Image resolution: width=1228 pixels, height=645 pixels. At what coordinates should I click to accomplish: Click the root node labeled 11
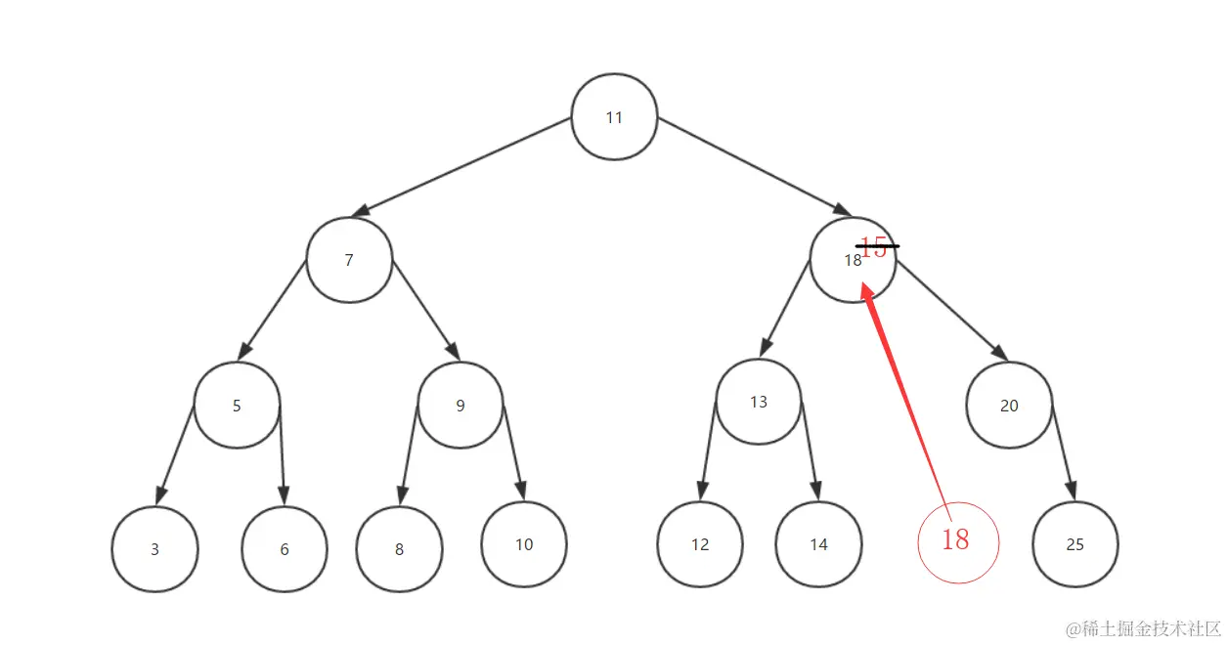pyautogui.click(x=614, y=117)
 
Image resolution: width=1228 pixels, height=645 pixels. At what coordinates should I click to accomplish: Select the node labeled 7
pyautogui.click(x=349, y=260)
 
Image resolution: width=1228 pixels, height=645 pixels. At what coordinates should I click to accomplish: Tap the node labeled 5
pyautogui.click(x=237, y=406)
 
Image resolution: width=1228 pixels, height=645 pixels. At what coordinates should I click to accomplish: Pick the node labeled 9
pyautogui.click(x=460, y=406)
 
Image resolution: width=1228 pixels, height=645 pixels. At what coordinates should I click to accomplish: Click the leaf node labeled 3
pyautogui.click(x=154, y=549)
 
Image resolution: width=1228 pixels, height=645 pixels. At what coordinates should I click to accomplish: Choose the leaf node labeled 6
pyautogui.click(x=285, y=549)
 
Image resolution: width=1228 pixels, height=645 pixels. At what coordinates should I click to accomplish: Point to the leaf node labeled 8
pyautogui.click(x=399, y=549)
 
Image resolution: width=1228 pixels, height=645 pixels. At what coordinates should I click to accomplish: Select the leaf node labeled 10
pyautogui.click(x=524, y=544)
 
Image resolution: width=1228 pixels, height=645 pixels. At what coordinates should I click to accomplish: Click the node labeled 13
pyautogui.click(x=759, y=402)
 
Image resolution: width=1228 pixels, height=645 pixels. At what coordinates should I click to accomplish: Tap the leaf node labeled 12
pyautogui.click(x=700, y=544)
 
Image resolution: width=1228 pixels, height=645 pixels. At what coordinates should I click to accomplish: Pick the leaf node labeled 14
pyautogui.click(x=818, y=544)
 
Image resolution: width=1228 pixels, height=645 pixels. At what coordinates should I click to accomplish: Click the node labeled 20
pyautogui.click(x=1009, y=406)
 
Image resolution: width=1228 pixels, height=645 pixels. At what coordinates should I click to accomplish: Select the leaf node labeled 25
pyautogui.click(x=1074, y=544)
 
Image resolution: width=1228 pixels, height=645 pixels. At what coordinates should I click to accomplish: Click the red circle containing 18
pyautogui.click(x=958, y=541)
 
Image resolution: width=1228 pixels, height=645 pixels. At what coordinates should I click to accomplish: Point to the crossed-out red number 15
pyautogui.click(x=875, y=247)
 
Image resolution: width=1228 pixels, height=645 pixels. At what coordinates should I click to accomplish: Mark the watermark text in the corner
pyautogui.click(x=1143, y=628)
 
